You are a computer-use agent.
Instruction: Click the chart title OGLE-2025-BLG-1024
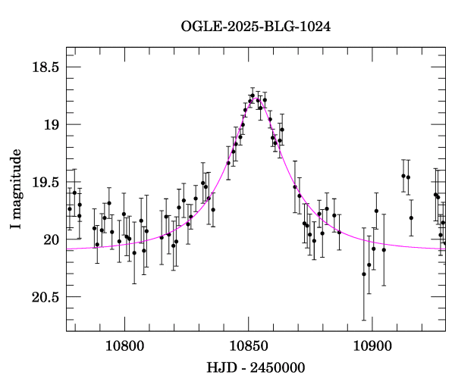[x=256, y=27]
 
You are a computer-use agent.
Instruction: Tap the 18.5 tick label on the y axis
[x=45, y=67]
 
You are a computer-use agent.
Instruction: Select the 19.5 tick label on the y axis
[x=45, y=182]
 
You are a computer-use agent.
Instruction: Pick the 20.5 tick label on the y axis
[x=45, y=297]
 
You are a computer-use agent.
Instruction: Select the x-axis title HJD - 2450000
[x=256, y=368]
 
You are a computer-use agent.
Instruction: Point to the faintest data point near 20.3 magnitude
[x=364, y=274]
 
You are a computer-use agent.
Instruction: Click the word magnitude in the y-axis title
[x=16, y=183]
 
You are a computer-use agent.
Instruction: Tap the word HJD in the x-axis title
[x=219, y=368]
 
